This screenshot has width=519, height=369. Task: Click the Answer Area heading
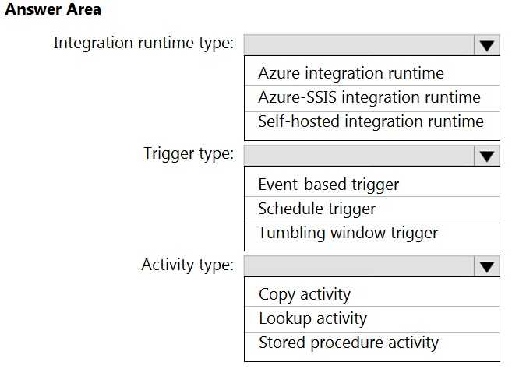(x=53, y=9)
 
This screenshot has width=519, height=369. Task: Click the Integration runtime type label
(x=143, y=43)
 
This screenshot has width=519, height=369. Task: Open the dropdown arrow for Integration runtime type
(x=486, y=45)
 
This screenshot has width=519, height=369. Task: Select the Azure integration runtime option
(x=351, y=73)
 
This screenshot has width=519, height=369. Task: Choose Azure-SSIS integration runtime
(x=369, y=97)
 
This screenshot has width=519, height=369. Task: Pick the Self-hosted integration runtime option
(x=371, y=121)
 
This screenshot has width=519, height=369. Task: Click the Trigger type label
(x=189, y=154)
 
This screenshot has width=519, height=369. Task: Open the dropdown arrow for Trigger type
(x=486, y=156)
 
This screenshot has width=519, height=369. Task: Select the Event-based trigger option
(x=329, y=184)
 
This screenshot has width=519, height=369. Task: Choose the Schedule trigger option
(x=316, y=209)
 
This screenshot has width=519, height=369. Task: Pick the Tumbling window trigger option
(x=348, y=233)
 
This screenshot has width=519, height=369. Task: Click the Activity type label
(x=188, y=265)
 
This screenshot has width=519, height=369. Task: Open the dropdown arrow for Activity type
(x=486, y=266)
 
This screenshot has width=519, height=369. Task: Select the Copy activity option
(x=305, y=294)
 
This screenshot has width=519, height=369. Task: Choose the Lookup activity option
(x=312, y=318)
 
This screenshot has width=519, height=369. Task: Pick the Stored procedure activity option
(x=348, y=343)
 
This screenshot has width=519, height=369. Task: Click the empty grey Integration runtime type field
(x=359, y=45)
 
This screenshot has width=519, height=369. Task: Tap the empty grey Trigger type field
(x=359, y=156)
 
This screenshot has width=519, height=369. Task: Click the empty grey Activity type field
(x=359, y=266)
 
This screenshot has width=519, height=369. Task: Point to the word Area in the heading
(x=83, y=9)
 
